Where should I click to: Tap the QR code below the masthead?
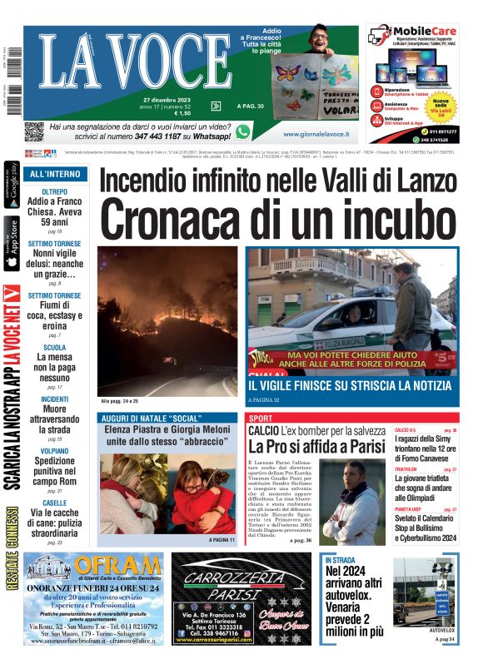(x=33, y=131)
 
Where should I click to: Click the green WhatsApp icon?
(x=242, y=131)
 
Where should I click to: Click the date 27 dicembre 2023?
(x=167, y=100)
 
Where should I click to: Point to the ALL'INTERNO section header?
(x=54, y=174)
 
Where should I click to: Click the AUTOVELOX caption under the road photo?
(x=441, y=631)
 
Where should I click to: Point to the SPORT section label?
(x=261, y=418)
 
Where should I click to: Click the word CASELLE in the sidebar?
(x=54, y=503)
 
